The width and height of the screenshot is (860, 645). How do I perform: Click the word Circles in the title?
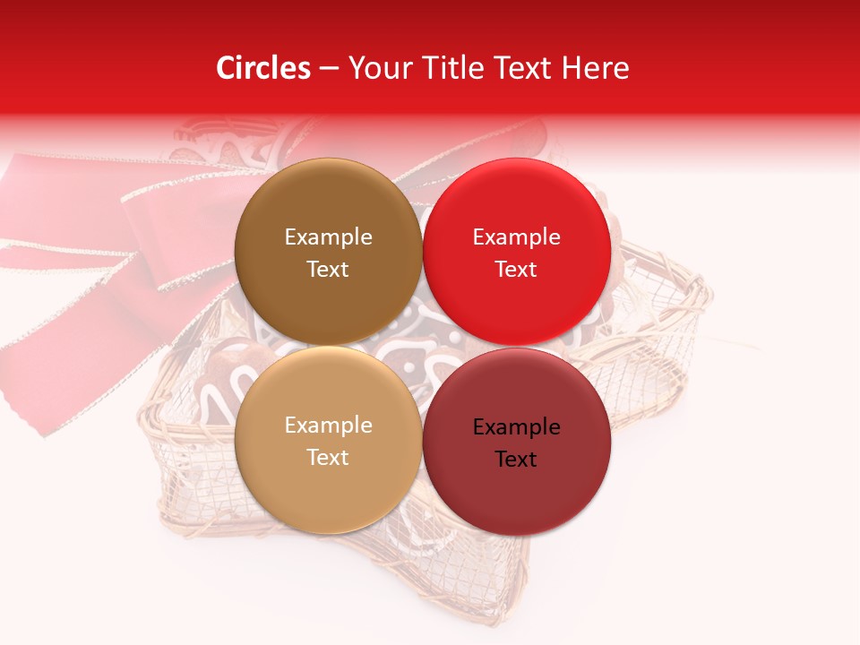263,68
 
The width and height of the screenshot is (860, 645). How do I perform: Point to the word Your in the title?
380,68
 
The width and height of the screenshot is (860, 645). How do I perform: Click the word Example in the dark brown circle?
328,236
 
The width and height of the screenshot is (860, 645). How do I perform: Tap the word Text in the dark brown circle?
328,269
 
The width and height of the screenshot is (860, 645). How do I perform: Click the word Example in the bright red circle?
516,236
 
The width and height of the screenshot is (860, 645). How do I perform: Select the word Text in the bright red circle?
516,269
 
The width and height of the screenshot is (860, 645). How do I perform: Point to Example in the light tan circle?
328,425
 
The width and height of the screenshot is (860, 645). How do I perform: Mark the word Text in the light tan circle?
328,457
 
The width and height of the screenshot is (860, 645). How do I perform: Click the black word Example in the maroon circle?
516,426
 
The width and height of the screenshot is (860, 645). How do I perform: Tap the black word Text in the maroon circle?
516,459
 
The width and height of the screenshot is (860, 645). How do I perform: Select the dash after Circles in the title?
329,69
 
